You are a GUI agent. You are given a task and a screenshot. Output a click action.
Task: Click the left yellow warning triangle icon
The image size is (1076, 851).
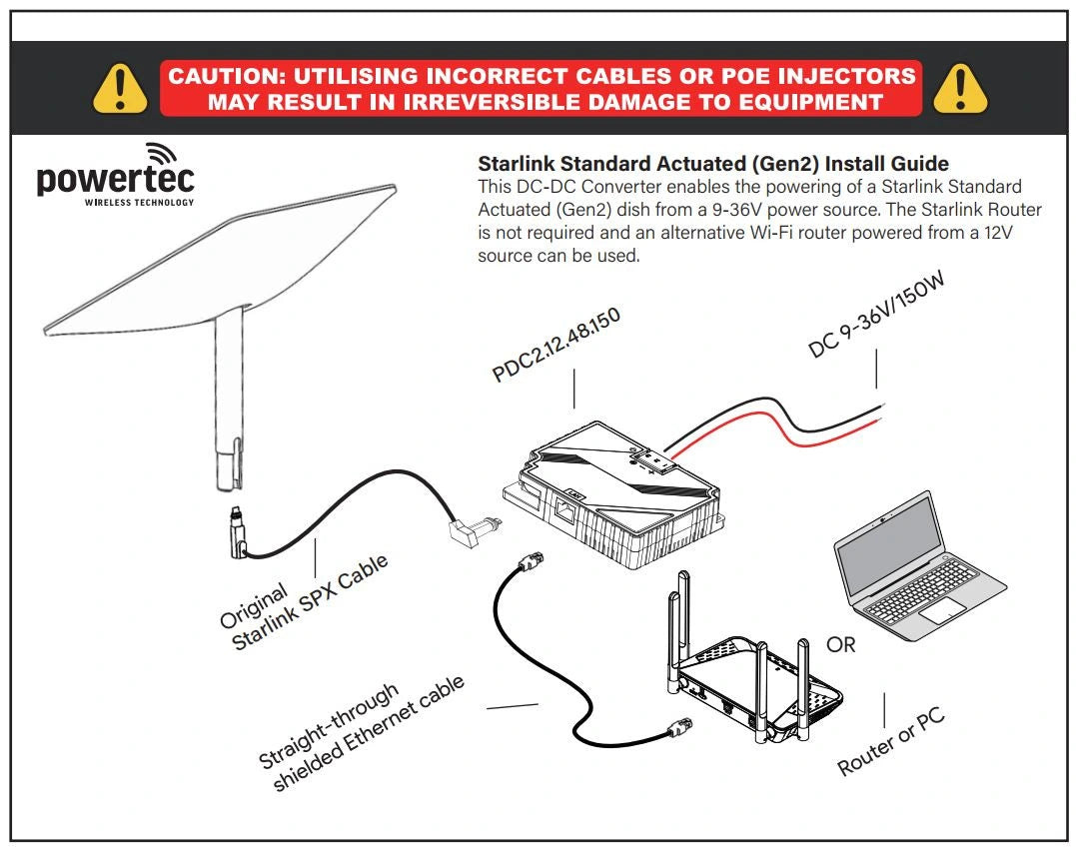[x=120, y=88]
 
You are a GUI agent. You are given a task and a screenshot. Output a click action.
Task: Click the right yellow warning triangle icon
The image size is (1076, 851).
[x=959, y=88]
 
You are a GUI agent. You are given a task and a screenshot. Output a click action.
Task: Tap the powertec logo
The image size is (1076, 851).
[x=115, y=177]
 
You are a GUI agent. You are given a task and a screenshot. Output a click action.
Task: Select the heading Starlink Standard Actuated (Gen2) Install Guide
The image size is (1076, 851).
[x=713, y=164]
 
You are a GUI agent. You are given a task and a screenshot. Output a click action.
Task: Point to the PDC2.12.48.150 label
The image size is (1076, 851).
[x=556, y=346]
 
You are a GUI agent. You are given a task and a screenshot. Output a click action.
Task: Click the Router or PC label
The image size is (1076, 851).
[x=890, y=743]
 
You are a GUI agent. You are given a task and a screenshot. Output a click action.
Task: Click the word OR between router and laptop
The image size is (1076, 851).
[x=840, y=645]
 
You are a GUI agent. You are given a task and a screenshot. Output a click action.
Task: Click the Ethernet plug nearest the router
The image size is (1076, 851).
[x=680, y=732]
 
